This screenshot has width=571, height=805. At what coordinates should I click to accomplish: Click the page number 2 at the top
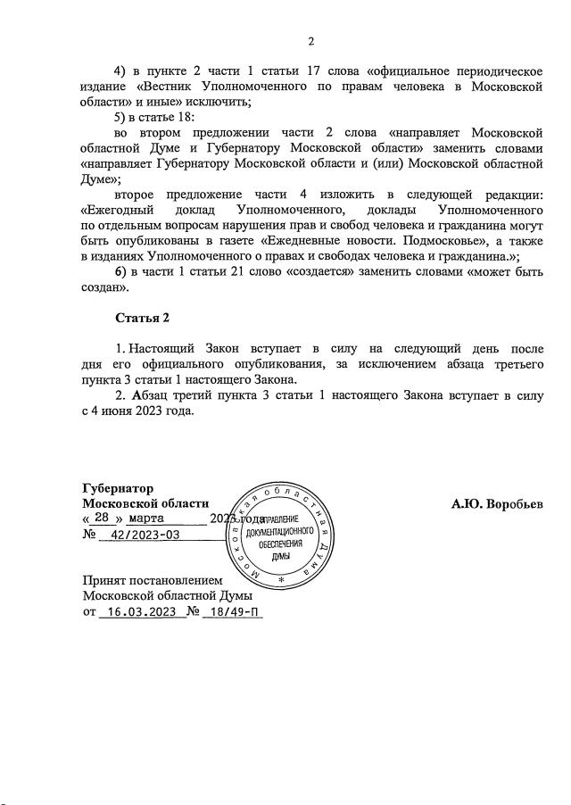coord(311,41)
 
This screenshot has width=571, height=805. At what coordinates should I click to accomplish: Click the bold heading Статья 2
coord(142,318)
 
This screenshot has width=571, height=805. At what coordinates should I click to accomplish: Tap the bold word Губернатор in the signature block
coord(118,488)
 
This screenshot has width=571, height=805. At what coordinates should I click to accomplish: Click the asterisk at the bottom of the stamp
coord(281,581)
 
